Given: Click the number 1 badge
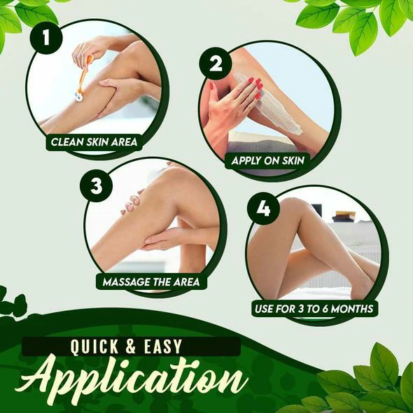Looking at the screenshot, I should point(46,38).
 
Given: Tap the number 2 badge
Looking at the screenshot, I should point(216,64).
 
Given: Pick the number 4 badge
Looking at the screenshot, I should point(263,210).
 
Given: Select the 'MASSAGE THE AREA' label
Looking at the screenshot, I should point(150,282).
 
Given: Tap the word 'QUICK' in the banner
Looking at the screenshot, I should point(97,346).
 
